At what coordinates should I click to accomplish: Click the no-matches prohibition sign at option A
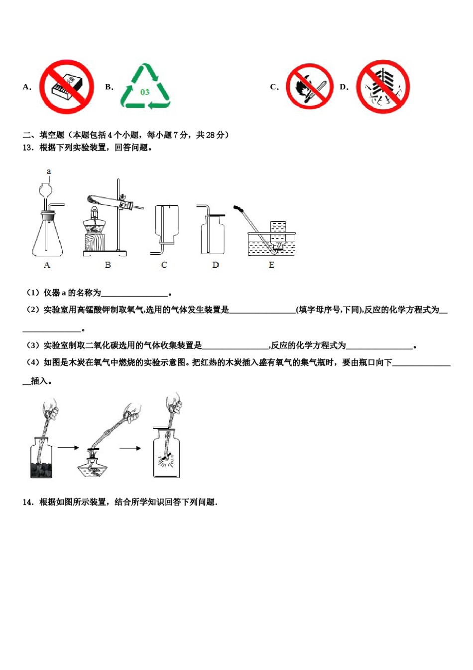tap(66, 87)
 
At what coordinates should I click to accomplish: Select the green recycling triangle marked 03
tap(145, 87)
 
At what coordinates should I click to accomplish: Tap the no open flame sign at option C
tap(309, 86)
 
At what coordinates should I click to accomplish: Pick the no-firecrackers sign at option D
tap(382, 87)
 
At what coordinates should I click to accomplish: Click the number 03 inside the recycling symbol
tap(145, 92)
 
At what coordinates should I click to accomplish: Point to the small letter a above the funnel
tap(49, 171)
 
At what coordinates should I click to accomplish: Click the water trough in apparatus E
tap(271, 244)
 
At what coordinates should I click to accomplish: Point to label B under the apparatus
tap(108, 265)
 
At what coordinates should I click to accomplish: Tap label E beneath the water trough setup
tap(271, 265)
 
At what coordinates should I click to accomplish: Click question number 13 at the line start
tap(28, 148)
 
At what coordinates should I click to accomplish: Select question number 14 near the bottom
tap(28, 502)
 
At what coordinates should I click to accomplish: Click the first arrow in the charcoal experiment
tap(68, 448)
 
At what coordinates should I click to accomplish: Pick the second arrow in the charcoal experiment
tap(130, 448)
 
